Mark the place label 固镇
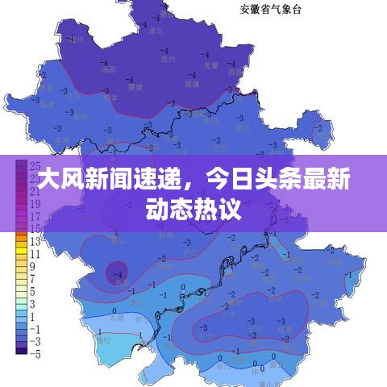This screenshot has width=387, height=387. tap(191, 83)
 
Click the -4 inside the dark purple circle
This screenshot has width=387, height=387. tap(119, 274)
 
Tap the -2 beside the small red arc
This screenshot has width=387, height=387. tap(321, 127)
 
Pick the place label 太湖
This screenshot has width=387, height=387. tap(115, 318)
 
